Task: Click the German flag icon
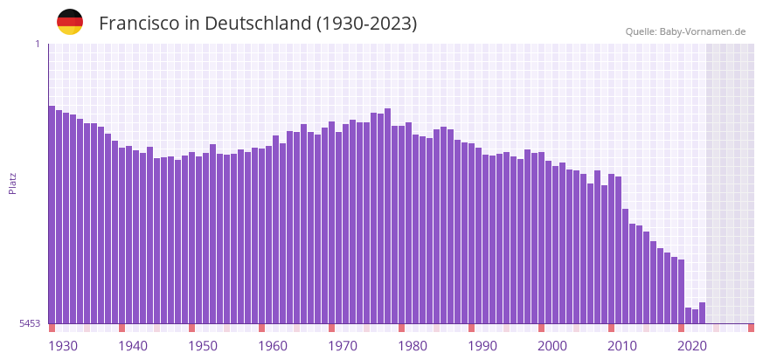click(x=70, y=22)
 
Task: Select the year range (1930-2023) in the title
click(x=366, y=24)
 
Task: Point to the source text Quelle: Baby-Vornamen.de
click(x=685, y=31)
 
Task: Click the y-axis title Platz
click(x=12, y=183)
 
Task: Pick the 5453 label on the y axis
click(x=30, y=323)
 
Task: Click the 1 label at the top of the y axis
click(x=37, y=44)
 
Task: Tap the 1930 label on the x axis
click(x=63, y=346)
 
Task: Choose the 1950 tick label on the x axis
click(x=203, y=346)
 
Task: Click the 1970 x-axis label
click(x=343, y=346)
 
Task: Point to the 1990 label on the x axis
click(x=482, y=346)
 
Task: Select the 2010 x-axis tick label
click(x=622, y=346)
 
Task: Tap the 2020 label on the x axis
click(x=692, y=346)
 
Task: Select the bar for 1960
click(x=261, y=236)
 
